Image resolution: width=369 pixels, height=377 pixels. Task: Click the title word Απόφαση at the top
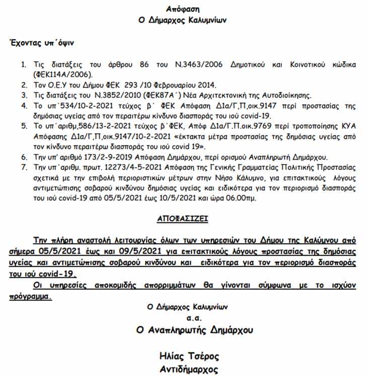[184, 9]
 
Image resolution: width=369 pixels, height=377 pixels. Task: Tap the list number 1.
[23, 65]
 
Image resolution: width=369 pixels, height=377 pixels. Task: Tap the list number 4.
[23, 105]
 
